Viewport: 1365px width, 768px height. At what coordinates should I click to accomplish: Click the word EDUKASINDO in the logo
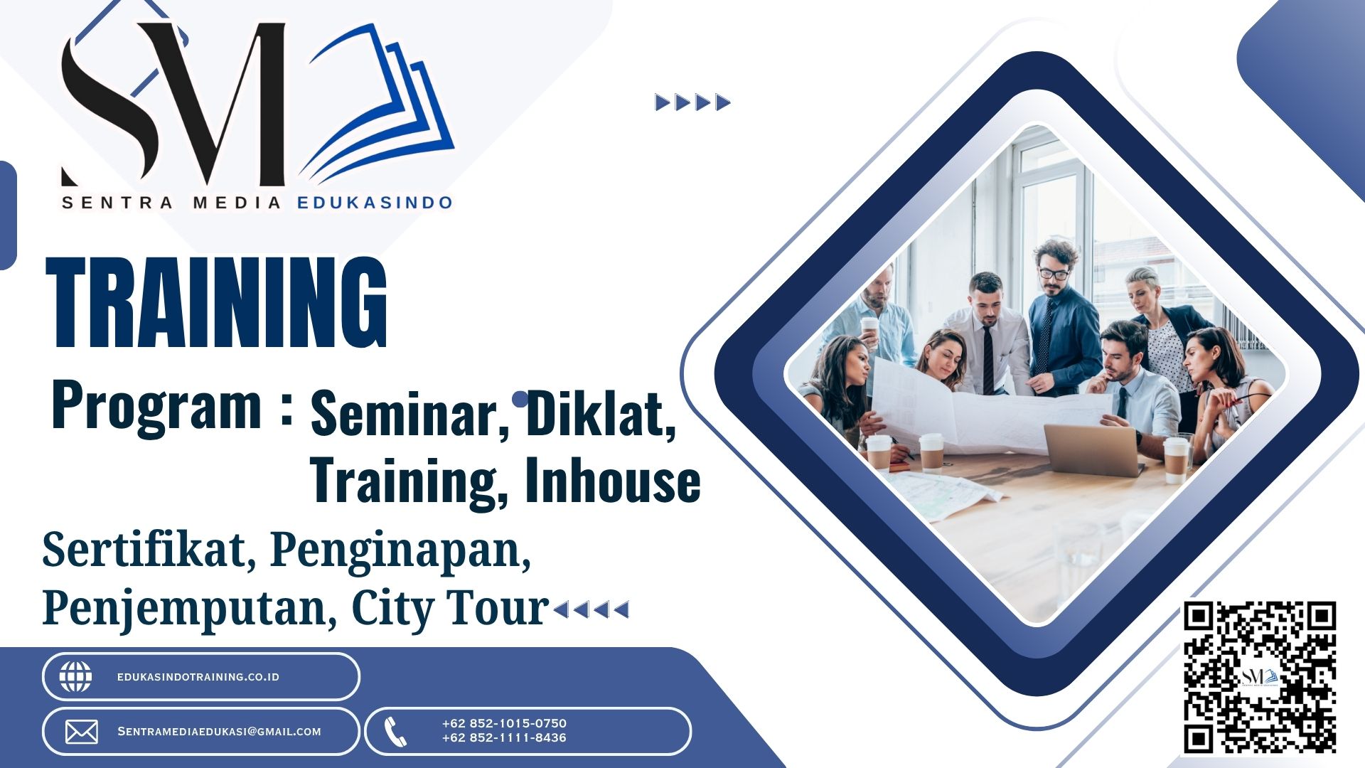coord(375,203)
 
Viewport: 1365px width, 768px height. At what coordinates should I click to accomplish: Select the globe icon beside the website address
coord(75,676)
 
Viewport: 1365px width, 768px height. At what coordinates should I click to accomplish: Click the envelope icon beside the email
coord(82,732)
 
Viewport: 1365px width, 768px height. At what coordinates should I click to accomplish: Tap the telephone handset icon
coord(395,732)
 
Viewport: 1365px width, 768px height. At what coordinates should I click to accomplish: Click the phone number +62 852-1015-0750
coord(504,723)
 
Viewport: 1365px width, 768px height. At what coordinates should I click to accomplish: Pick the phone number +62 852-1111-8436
coord(504,738)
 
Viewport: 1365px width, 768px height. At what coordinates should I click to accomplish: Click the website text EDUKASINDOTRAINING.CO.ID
coord(198,677)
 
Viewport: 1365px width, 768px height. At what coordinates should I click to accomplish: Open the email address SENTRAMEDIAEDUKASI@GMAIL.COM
coord(219,732)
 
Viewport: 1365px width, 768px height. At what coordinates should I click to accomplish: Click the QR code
coord(1260,677)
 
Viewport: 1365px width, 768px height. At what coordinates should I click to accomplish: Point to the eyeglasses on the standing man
coord(1054,273)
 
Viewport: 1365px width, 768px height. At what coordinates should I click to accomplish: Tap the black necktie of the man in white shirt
coord(988,360)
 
